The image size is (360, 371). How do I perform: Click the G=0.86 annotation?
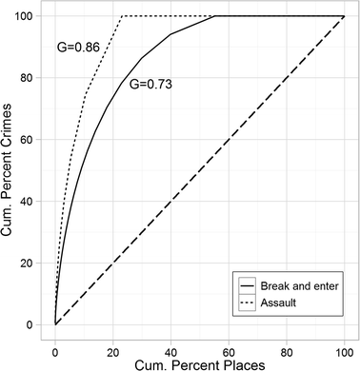tap(79, 45)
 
